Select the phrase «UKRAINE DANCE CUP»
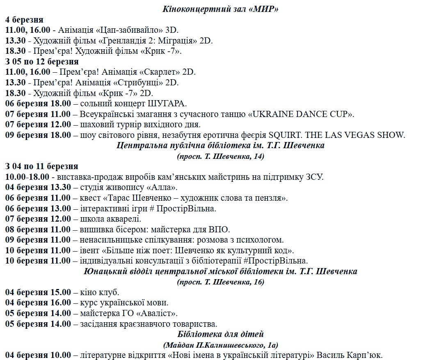pos(301,114)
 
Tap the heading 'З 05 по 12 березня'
pos(42,62)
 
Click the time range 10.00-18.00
pos(27,177)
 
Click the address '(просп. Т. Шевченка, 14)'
pos(220,156)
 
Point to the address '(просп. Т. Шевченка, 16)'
pos(220,282)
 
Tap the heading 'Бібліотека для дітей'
pos(220,334)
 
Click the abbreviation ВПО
pos(222,229)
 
